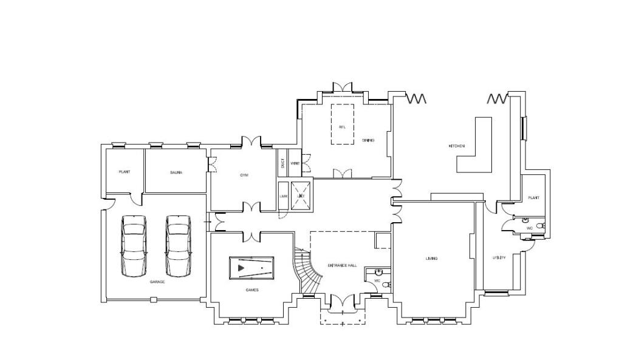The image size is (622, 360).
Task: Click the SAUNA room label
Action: click(x=177, y=172)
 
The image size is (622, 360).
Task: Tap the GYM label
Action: click(x=244, y=175)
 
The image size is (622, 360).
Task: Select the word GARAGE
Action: click(x=157, y=282)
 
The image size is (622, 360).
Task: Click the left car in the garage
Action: click(x=134, y=245)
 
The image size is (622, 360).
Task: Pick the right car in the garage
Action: click(x=178, y=245)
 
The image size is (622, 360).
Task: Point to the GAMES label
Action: click(x=251, y=290)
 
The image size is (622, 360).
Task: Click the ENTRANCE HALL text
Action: click(x=342, y=266)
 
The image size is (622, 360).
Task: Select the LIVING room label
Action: click(x=431, y=259)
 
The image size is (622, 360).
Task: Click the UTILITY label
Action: click(x=499, y=257)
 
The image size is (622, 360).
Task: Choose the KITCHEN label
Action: click(x=457, y=146)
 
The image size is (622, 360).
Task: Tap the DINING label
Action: click(x=368, y=140)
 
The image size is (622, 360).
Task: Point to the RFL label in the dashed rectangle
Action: click(x=343, y=127)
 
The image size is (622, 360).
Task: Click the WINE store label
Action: click(x=295, y=163)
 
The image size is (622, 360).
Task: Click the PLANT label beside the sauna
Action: click(x=125, y=172)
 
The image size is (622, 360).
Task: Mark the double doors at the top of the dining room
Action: click(x=343, y=87)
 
